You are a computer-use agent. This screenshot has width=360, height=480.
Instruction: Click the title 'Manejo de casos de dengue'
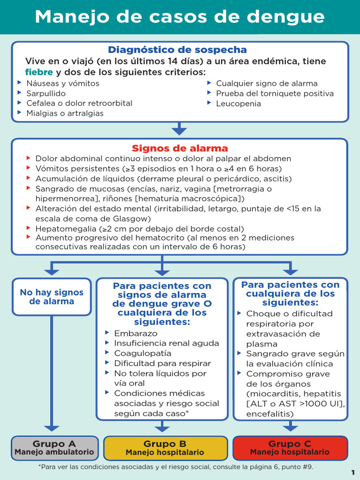[180, 17]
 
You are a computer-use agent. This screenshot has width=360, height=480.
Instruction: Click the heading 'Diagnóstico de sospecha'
[177, 50]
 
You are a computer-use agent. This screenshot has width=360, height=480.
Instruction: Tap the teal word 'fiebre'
[39, 72]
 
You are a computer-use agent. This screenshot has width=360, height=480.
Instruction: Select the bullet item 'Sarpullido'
[46, 93]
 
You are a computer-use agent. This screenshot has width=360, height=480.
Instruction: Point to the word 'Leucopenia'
[238, 104]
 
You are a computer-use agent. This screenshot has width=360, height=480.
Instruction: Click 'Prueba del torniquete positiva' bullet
[275, 93]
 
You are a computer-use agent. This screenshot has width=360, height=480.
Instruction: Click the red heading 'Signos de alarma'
[180, 149]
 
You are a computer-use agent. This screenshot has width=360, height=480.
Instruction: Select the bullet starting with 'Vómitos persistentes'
[158, 169]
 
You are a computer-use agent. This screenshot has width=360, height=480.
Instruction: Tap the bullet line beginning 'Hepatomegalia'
[140, 229]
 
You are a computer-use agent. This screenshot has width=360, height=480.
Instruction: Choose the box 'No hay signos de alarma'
[52, 297]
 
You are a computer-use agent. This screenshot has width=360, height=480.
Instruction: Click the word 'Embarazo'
[136, 333]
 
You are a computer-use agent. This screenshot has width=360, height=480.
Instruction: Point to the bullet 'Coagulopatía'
[142, 353]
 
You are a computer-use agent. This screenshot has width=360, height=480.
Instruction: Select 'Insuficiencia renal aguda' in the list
[166, 343]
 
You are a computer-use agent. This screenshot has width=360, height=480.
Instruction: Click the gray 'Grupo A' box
[54, 448]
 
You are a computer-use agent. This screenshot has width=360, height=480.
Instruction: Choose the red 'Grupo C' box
[290, 448]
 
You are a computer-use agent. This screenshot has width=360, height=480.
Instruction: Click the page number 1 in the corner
[353, 472]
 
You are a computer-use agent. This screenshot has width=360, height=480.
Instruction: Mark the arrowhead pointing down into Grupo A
[52, 428]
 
